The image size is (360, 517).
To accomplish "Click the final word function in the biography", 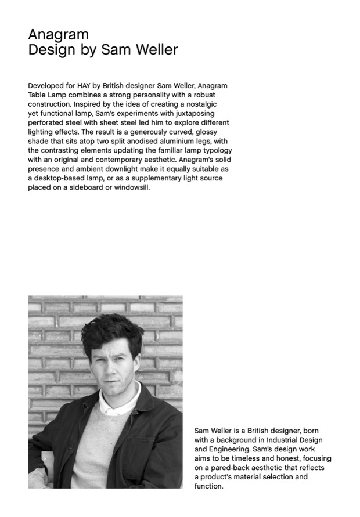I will (x=208, y=486).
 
